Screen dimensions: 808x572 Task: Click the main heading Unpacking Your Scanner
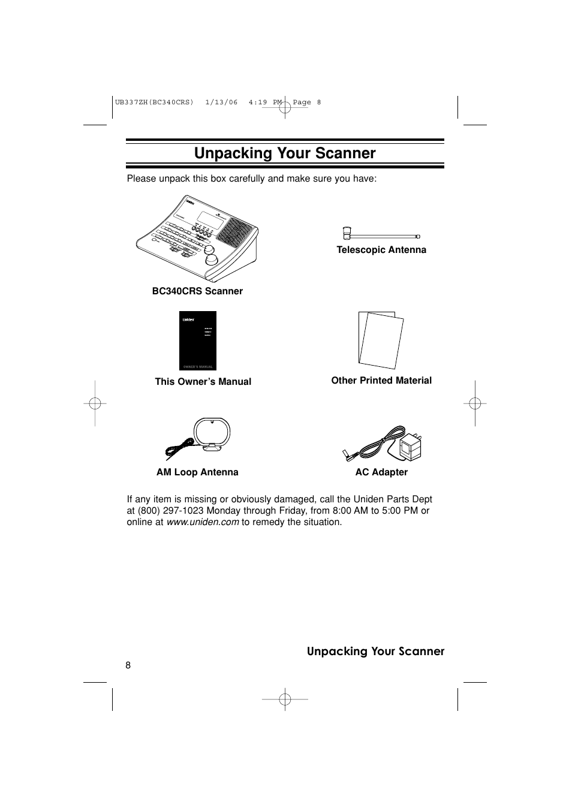tap(285, 153)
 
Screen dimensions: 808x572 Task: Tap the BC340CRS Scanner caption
tap(197, 291)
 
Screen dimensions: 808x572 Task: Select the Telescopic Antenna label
tap(381, 250)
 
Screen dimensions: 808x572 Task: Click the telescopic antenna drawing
tap(381, 236)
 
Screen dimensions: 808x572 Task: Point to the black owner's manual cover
tap(198, 340)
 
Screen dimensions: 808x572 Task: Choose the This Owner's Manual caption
tap(203, 382)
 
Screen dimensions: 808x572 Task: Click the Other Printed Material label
tap(381, 381)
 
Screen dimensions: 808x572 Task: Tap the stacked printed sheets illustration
tap(381, 340)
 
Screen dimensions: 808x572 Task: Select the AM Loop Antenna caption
tap(197, 472)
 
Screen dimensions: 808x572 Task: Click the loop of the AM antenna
tap(212, 433)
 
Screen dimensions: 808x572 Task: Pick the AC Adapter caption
tap(381, 472)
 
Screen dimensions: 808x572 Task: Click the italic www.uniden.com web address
tap(203, 522)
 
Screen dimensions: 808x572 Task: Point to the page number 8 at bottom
tap(128, 665)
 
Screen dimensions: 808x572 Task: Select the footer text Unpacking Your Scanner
tap(375, 652)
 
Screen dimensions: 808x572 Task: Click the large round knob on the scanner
tap(212, 259)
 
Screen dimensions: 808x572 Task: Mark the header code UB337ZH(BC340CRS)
tap(154, 102)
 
